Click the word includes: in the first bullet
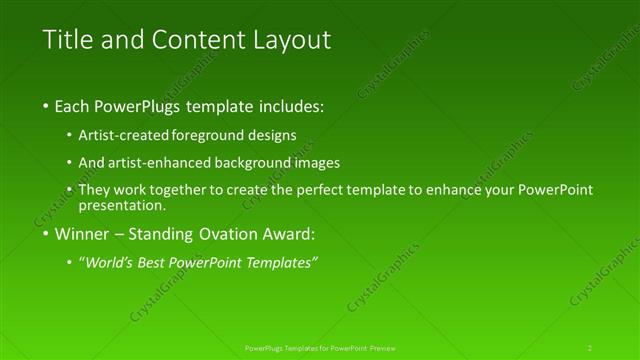291,105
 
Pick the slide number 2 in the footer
590,347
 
